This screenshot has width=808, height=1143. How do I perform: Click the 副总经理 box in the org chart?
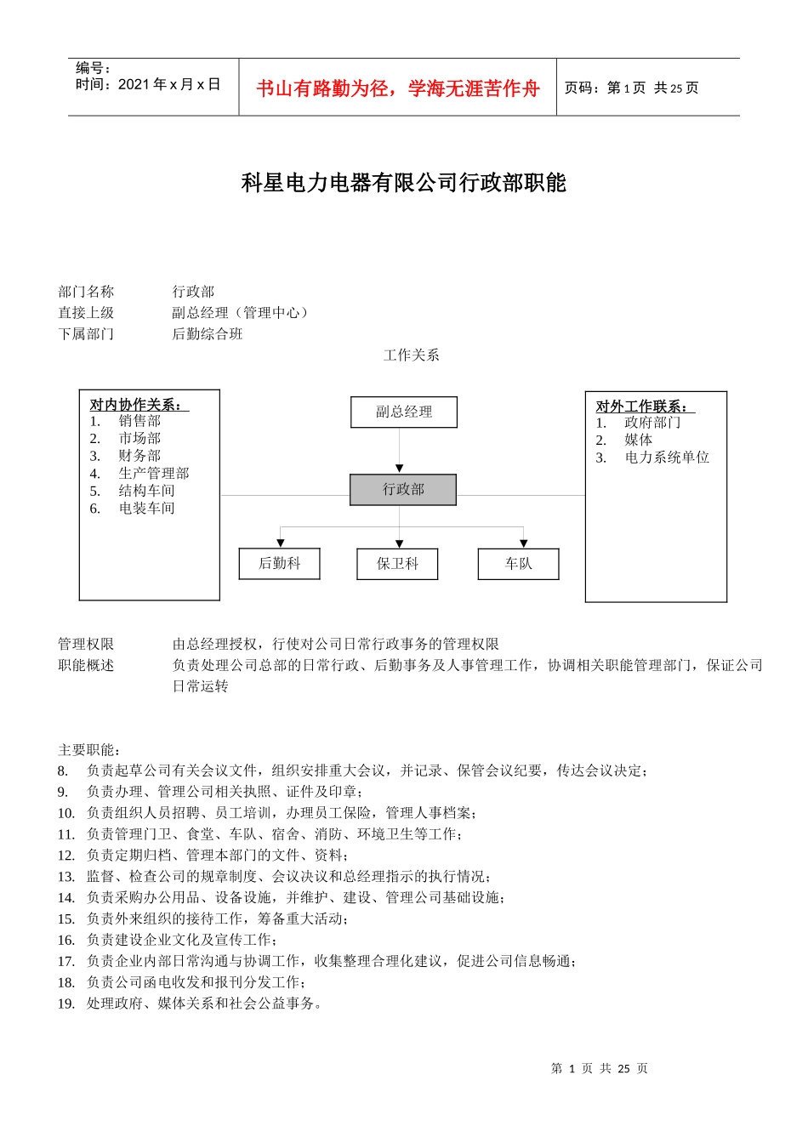(404, 412)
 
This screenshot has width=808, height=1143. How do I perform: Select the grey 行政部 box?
(403, 490)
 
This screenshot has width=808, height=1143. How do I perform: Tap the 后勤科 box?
(279, 564)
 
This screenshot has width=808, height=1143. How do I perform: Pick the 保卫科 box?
(397, 564)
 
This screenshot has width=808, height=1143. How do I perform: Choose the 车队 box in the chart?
(518, 564)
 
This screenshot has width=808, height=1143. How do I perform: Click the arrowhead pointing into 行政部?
(400, 469)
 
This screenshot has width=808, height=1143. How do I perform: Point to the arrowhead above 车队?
(523, 543)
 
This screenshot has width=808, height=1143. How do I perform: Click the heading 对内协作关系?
(139, 405)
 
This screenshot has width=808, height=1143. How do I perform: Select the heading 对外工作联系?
(645, 407)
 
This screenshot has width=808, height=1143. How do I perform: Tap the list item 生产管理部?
(153, 474)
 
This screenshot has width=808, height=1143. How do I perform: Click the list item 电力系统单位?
(666, 458)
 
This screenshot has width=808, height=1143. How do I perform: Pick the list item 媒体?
(638, 440)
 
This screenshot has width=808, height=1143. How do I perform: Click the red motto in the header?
(398, 88)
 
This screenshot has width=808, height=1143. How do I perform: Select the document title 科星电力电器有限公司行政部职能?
(404, 183)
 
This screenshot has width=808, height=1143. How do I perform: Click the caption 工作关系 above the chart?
(411, 355)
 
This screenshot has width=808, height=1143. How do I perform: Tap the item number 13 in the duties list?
(66, 877)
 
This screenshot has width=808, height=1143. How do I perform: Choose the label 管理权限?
(86, 645)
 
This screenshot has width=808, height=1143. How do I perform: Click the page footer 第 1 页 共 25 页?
(599, 1069)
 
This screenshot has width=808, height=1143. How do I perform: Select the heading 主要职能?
(89, 750)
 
